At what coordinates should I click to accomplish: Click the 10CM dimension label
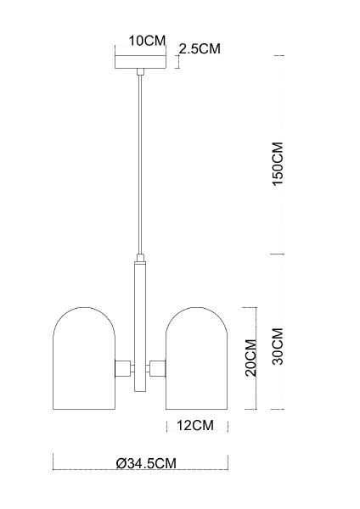coord(147,41)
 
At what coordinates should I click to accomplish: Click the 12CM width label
coord(195,424)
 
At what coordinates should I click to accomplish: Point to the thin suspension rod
coord(138,161)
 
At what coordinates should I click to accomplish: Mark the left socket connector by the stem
coord(123,368)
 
